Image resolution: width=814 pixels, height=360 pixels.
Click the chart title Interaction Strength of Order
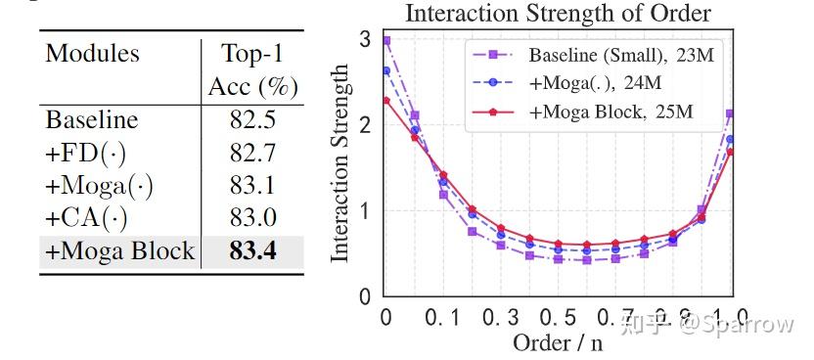pyautogui.click(x=558, y=13)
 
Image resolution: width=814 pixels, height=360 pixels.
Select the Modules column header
pyautogui.click(x=92, y=53)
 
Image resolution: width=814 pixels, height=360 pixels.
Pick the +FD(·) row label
pyautogui.click(x=85, y=154)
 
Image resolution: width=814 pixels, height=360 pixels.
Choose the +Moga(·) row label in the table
pyautogui.click(x=99, y=186)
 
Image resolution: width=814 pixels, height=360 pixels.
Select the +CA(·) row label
pyautogui.click(x=86, y=218)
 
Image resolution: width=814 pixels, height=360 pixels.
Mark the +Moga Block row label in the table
pyautogui.click(x=119, y=251)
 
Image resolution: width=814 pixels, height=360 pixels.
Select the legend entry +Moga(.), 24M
pyautogui.click(x=596, y=83)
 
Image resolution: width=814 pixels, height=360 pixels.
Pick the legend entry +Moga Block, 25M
pyautogui.click(x=611, y=112)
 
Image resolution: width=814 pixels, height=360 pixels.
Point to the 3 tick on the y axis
pyautogui.click(x=364, y=39)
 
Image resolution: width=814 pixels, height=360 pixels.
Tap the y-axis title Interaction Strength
pyautogui.click(x=340, y=163)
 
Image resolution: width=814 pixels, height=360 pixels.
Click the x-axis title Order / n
pyautogui.click(x=556, y=343)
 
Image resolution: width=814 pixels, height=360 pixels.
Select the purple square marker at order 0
pyautogui.click(x=386, y=40)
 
